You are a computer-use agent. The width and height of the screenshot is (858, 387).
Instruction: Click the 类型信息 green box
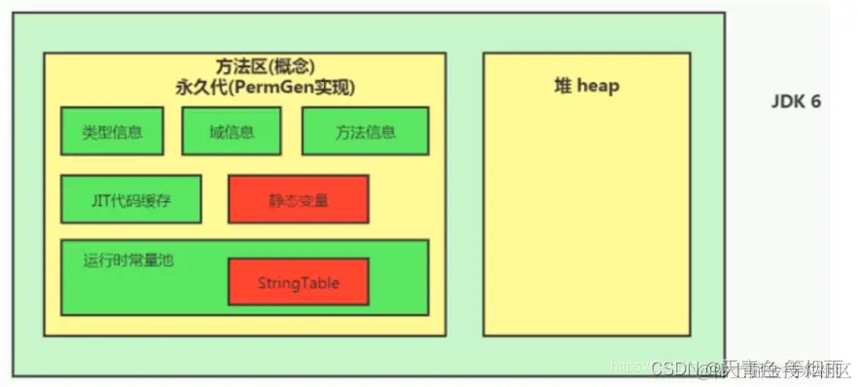pyautogui.click(x=112, y=131)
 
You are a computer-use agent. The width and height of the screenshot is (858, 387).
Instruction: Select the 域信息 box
pyautogui.click(x=231, y=131)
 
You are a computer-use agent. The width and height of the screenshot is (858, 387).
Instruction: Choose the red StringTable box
pyautogui.click(x=298, y=282)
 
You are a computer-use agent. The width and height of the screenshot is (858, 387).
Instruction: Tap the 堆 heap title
pyautogui.click(x=586, y=86)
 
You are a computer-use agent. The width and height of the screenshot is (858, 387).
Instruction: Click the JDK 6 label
pyautogui.click(x=796, y=101)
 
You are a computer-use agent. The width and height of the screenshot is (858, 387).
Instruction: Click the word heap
pyautogui.click(x=597, y=86)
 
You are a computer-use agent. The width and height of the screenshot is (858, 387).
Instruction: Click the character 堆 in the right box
pyautogui.click(x=561, y=86)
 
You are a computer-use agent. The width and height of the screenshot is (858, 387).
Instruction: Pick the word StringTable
pyautogui.click(x=298, y=283)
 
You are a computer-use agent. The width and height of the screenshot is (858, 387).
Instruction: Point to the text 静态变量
pyautogui.click(x=298, y=200)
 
